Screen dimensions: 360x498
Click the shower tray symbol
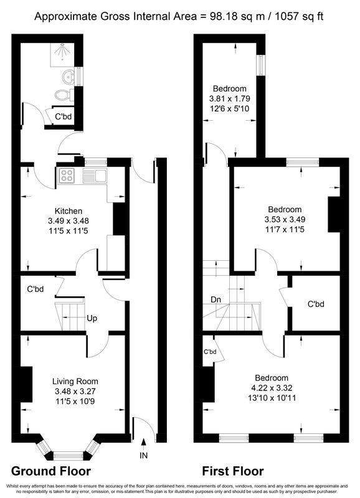[x=62, y=54]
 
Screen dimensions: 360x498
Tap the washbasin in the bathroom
[x=69, y=77]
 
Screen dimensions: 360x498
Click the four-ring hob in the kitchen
[x=67, y=176]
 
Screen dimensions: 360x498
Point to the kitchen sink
[x=95, y=176]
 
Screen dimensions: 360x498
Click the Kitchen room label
[x=69, y=211]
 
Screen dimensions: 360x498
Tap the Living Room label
[x=75, y=382]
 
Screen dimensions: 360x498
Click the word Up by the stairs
[x=92, y=318]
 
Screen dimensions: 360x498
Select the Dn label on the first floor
[x=216, y=299]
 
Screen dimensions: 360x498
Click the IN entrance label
[x=144, y=456]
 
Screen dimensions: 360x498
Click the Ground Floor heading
[x=51, y=471]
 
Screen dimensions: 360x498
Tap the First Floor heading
[x=233, y=471]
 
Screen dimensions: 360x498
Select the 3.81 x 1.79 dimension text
[x=229, y=98]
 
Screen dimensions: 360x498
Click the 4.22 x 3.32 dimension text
[x=272, y=388]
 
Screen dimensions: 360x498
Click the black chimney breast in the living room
[x=26, y=384]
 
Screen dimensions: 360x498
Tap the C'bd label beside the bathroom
[x=64, y=116]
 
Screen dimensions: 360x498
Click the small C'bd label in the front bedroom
[x=210, y=352]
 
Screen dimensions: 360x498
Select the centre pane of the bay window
[x=69, y=456]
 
